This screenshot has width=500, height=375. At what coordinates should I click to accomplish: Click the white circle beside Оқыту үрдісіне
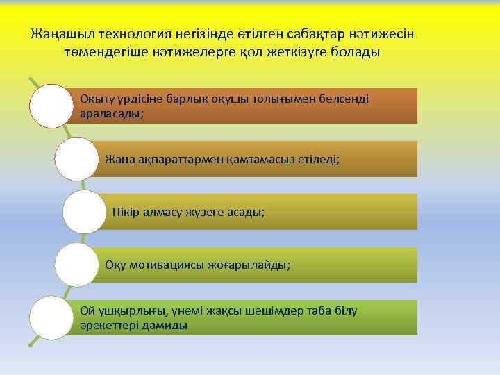pyautogui.click(x=50, y=106)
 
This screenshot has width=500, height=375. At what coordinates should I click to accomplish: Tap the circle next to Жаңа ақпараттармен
pyautogui.click(x=76, y=159)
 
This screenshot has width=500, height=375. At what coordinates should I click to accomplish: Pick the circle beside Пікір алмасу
pyautogui.click(x=83, y=212)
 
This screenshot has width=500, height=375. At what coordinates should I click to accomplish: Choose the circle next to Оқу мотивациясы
pyautogui.click(x=76, y=265)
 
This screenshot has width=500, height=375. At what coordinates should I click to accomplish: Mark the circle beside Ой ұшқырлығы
pyautogui.click(x=50, y=317)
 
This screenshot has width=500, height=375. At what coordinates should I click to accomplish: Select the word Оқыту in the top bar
pyautogui.click(x=97, y=99)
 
